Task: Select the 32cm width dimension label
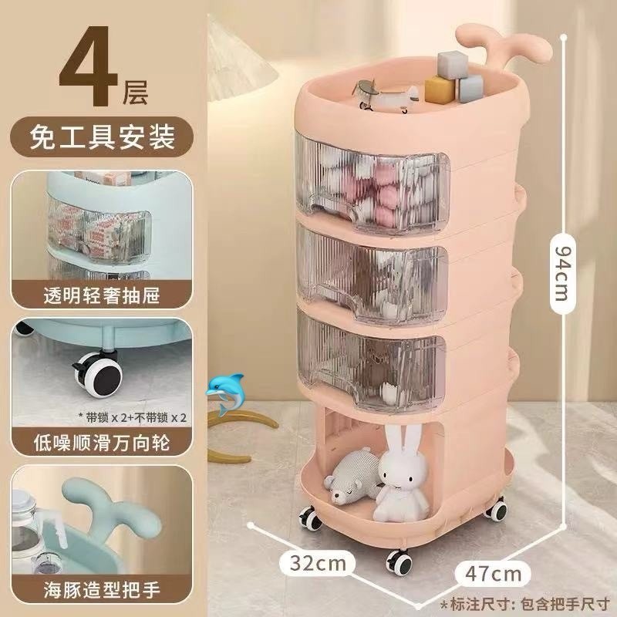(x=318, y=563)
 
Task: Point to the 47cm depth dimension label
(x=494, y=574)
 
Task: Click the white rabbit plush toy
(x=400, y=474)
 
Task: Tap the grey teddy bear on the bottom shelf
(x=351, y=475)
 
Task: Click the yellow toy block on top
(x=439, y=89)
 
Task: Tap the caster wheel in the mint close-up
(x=99, y=374)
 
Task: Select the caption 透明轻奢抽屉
(x=102, y=295)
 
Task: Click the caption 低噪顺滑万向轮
(x=102, y=442)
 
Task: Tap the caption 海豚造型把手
(x=102, y=591)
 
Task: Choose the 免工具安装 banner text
(x=102, y=137)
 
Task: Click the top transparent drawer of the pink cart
(x=373, y=182)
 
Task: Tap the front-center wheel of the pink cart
(x=399, y=563)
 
